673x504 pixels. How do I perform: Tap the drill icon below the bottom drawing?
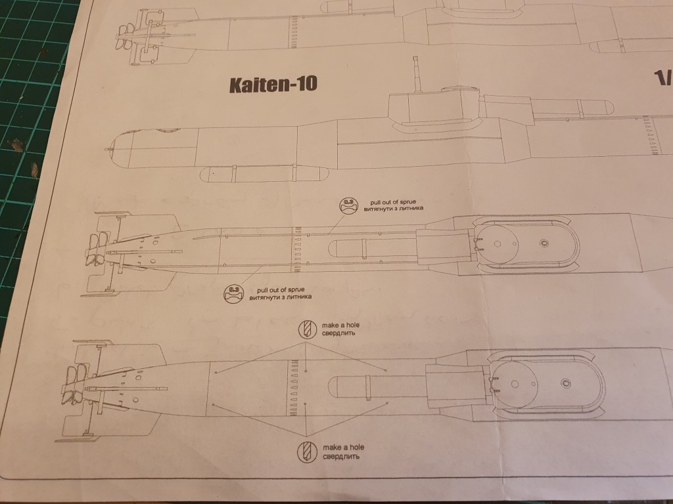[x=308, y=451]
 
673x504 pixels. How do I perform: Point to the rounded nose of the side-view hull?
[x=113, y=150]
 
